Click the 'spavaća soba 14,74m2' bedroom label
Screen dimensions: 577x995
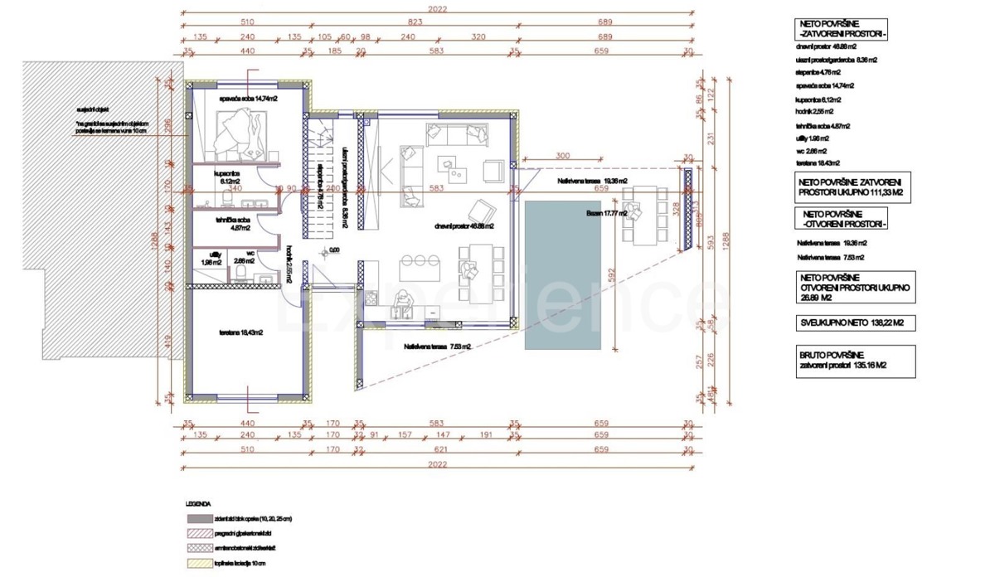coord(247,99)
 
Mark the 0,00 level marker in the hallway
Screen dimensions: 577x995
coord(334,249)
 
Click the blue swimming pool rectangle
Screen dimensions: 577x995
coord(562,274)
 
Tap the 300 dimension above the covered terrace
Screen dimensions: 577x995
coord(564,156)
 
